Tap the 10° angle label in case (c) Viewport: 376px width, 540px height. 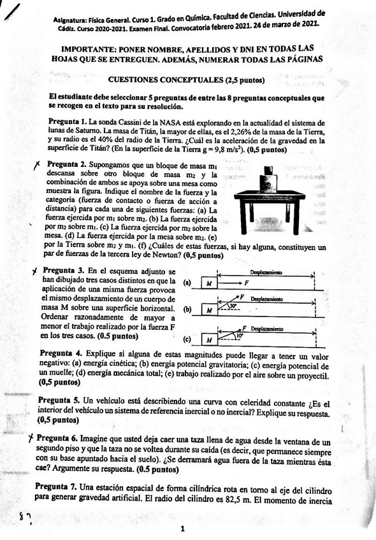pyautogui.click(x=238, y=335)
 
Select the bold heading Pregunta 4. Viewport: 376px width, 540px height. pyautogui.click(x=61, y=353)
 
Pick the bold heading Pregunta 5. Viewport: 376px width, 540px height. pyautogui.click(x=59, y=399)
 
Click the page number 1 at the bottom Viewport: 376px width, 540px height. pyautogui.click(x=182, y=528)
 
